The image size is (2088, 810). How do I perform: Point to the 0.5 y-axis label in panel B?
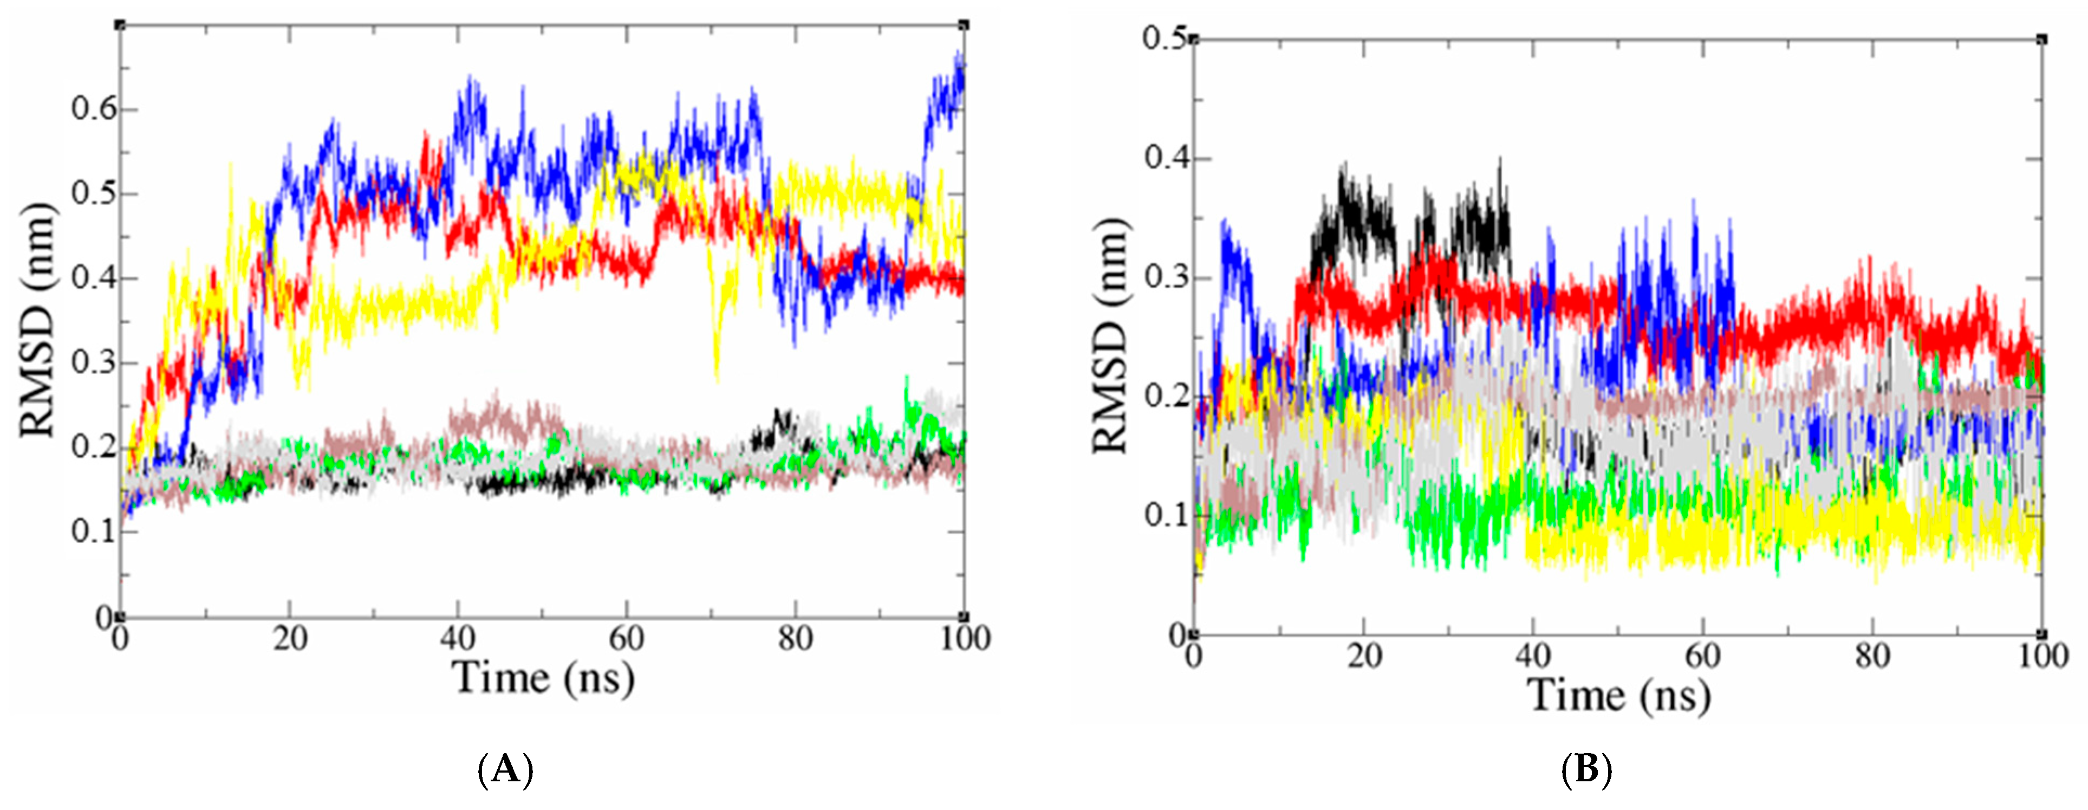point(1164,38)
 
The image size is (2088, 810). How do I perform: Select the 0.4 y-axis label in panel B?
point(1164,158)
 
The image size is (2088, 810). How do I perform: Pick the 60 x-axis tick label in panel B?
point(1702,655)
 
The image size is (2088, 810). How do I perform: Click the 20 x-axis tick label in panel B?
point(1364,655)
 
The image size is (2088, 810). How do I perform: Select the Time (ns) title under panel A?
point(543,678)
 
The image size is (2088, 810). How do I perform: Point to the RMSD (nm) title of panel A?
point(38,320)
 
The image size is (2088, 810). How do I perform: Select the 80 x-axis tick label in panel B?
point(1872,655)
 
